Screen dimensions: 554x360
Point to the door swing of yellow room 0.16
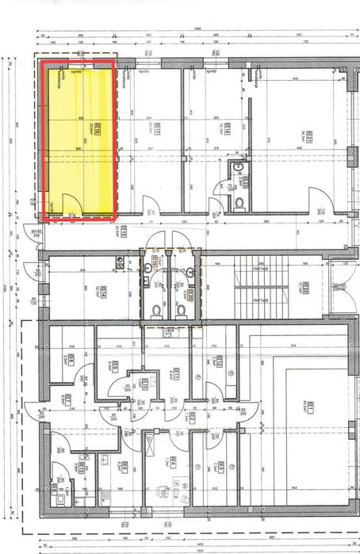point(69,205)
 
